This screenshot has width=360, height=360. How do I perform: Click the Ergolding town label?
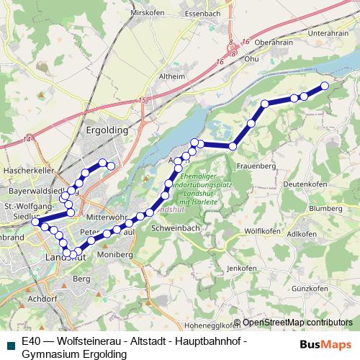point(107,130)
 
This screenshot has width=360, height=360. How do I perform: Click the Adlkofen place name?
point(302,234)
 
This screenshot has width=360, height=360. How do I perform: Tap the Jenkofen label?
point(241,268)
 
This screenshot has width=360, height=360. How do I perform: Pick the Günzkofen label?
point(310,287)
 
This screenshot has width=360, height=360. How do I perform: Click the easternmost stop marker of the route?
point(324,86)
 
